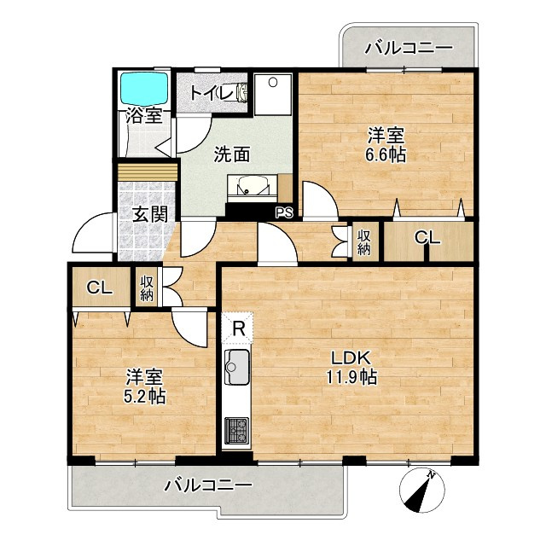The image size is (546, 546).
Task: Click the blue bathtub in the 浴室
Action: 144,88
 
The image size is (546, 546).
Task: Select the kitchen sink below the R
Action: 237,366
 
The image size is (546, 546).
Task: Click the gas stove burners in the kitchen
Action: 237,431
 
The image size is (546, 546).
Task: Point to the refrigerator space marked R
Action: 237,328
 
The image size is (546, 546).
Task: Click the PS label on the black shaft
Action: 285,212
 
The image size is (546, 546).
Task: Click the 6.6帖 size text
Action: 386,155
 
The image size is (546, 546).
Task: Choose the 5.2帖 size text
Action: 145,396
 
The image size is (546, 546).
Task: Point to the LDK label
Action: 350,358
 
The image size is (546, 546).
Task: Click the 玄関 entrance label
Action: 150,214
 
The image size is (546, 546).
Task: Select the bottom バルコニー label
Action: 208,485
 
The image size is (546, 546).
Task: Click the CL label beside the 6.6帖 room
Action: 427,238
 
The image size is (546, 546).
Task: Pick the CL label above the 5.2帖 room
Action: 99,288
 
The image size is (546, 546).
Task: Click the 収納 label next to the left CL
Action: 147,288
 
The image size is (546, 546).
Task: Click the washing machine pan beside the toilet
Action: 273,95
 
